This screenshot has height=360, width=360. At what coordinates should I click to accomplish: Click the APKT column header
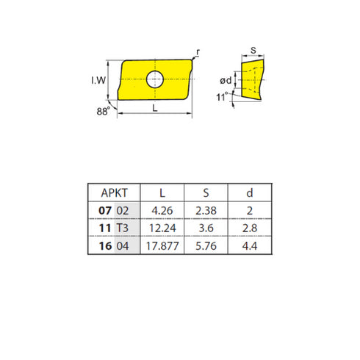[x=112, y=192]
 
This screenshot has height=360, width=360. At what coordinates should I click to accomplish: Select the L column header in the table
[x=162, y=192]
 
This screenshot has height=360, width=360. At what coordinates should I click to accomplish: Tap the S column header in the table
[x=206, y=192]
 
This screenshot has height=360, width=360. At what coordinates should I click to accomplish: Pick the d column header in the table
[x=251, y=192]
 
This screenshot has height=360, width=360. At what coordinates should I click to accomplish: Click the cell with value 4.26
[x=162, y=210]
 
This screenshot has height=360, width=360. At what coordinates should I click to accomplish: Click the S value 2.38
[x=206, y=210]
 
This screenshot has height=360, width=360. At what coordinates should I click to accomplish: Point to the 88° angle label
[x=102, y=112]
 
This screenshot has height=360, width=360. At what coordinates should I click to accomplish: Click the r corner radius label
[x=198, y=51]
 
